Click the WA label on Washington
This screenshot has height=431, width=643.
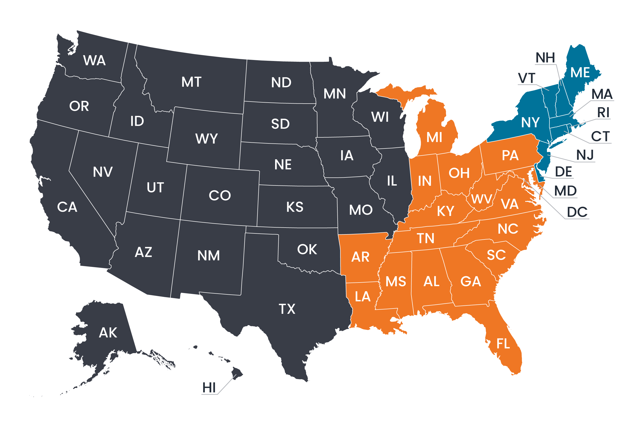pos(94,60)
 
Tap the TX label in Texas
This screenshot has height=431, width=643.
pos(287,309)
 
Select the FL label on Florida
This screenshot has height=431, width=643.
pos(503,344)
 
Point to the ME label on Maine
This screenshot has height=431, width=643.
pos(580,73)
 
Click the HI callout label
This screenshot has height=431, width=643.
pos(209,388)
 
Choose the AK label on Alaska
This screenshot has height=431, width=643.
pos(108,333)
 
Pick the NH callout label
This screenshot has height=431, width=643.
pos(545,58)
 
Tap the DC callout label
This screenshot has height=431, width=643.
pos(577,212)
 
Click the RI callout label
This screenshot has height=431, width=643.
pos(603,112)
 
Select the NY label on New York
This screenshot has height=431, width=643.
pos(530,122)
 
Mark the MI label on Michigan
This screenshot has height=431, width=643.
pos(434,137)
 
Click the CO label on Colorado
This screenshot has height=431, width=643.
pos(220,195)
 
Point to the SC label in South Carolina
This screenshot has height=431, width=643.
pos(496,255)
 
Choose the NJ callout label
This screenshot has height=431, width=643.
pos(585,155)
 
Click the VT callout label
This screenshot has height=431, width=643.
pos(527,78)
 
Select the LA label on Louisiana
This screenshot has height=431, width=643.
pos(363,297)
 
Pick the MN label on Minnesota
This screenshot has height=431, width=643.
pos(334,94)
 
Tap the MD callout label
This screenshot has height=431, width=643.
pos(565,191)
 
